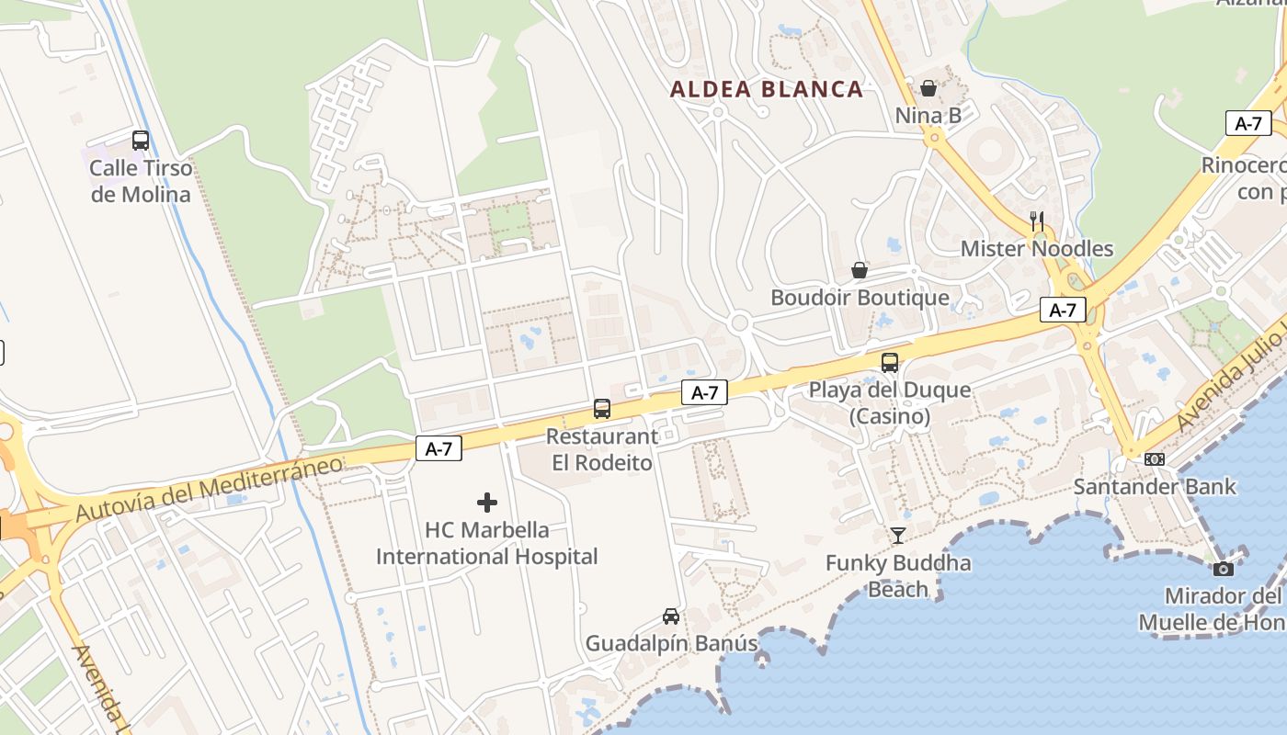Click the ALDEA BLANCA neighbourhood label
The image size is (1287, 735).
[767, 89]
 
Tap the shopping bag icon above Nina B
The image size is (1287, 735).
[928, 88]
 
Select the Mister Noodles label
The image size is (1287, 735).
[1036, 249]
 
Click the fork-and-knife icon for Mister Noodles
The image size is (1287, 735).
[1037, 220]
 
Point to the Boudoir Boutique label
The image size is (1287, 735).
[860, 298]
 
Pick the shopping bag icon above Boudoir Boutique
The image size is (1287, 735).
[860, 270]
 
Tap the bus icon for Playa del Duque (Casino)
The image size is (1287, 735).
[889, 362]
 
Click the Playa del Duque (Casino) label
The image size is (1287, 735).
[889, 403]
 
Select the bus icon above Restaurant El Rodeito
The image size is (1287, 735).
[602, 409]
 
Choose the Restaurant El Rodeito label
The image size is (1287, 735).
[602, 449]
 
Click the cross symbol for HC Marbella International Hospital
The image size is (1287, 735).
[487, 503]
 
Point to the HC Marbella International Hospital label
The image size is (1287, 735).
[487, 543]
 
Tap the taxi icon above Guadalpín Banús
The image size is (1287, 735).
[671, 616]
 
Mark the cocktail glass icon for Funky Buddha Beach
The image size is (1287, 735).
[898, 535]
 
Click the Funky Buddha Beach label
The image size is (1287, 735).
[898, 575]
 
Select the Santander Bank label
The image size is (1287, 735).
[1155, 486]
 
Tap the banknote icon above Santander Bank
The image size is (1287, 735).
[1155, 458]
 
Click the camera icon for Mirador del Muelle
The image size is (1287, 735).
[1223, 569]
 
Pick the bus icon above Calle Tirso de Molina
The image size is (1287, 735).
[141, 141]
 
